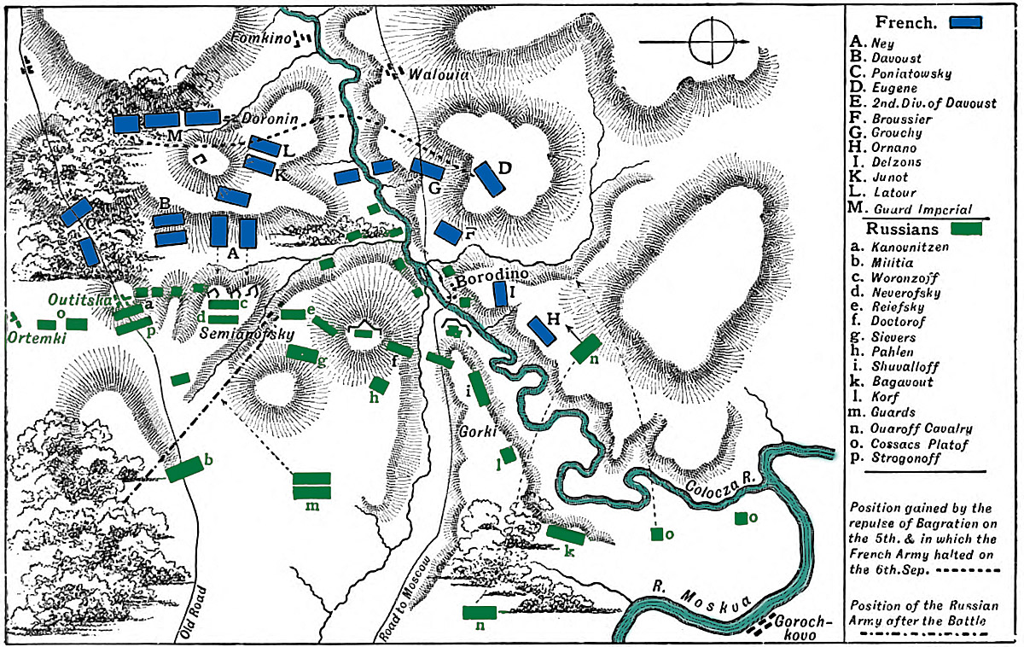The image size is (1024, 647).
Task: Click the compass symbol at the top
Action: [x=713, y=41]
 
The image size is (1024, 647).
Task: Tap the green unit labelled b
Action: [x=185, y=469]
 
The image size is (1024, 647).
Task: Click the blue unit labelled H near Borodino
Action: [x=543, y=330]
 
